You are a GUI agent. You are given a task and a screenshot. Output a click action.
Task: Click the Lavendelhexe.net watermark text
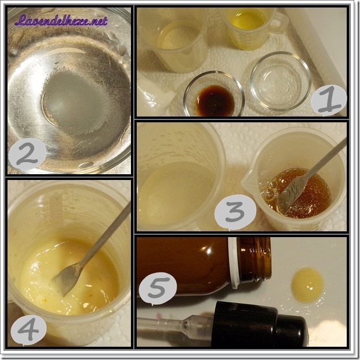click(x=61, y=21)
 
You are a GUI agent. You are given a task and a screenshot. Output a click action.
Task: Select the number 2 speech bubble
click(x=27, y=154)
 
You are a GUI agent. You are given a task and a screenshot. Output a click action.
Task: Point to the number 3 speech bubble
click(x=235, y=212)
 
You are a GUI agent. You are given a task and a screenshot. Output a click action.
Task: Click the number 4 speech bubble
click(x=29, y=329)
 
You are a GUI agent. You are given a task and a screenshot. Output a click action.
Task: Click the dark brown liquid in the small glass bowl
click(x=215, y=100)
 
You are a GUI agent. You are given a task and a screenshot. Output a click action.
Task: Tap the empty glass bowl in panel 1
click(x=280, y=81)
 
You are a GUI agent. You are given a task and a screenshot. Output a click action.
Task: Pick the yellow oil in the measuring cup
click(x=249, y=20)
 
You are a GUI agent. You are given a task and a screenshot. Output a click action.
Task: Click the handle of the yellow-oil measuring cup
click(x=279, y=22)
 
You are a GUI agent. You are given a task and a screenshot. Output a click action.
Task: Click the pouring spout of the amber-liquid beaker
click(x=249, y=180)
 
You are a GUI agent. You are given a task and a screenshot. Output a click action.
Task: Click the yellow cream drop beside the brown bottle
click(x=307, y=284)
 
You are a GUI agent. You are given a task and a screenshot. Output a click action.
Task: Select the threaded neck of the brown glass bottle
click(x=254, y=259)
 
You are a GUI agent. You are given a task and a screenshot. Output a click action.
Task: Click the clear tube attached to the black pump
click(x=174, y=323)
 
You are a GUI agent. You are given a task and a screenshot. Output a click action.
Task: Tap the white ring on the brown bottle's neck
click(x=234, y=262)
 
